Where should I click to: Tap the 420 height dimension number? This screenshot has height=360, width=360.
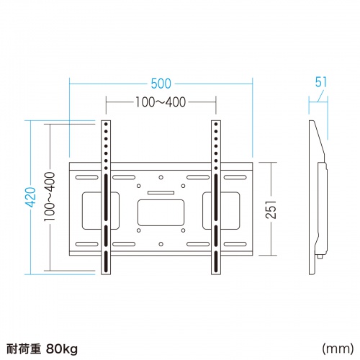point(30,196)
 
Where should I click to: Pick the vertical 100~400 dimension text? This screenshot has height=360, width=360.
point(49,196)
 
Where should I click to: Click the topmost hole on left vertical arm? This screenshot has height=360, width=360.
point(105,125)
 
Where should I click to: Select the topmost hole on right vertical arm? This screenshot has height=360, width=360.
point(214,125)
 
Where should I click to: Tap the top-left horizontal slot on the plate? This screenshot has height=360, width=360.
point(86,176)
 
